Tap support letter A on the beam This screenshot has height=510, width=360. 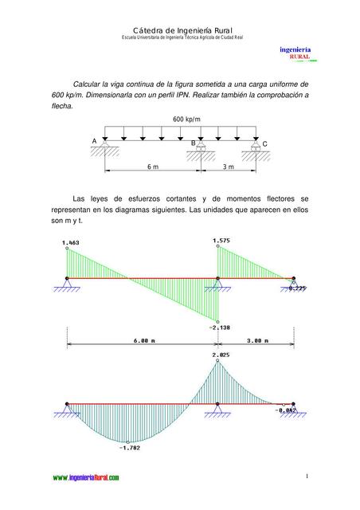94,141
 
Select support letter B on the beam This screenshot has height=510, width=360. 192,142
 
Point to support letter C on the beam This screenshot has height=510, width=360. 264,143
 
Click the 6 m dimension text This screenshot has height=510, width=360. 152,167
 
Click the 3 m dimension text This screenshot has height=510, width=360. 228,167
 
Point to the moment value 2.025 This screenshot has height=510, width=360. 221,354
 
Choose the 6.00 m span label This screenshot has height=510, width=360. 144,340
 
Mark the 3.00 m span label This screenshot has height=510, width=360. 255,340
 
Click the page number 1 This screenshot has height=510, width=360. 307,477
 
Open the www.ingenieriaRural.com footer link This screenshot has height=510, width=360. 86,477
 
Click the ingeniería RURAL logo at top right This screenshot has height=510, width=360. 295,53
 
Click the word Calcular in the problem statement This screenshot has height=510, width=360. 90,83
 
